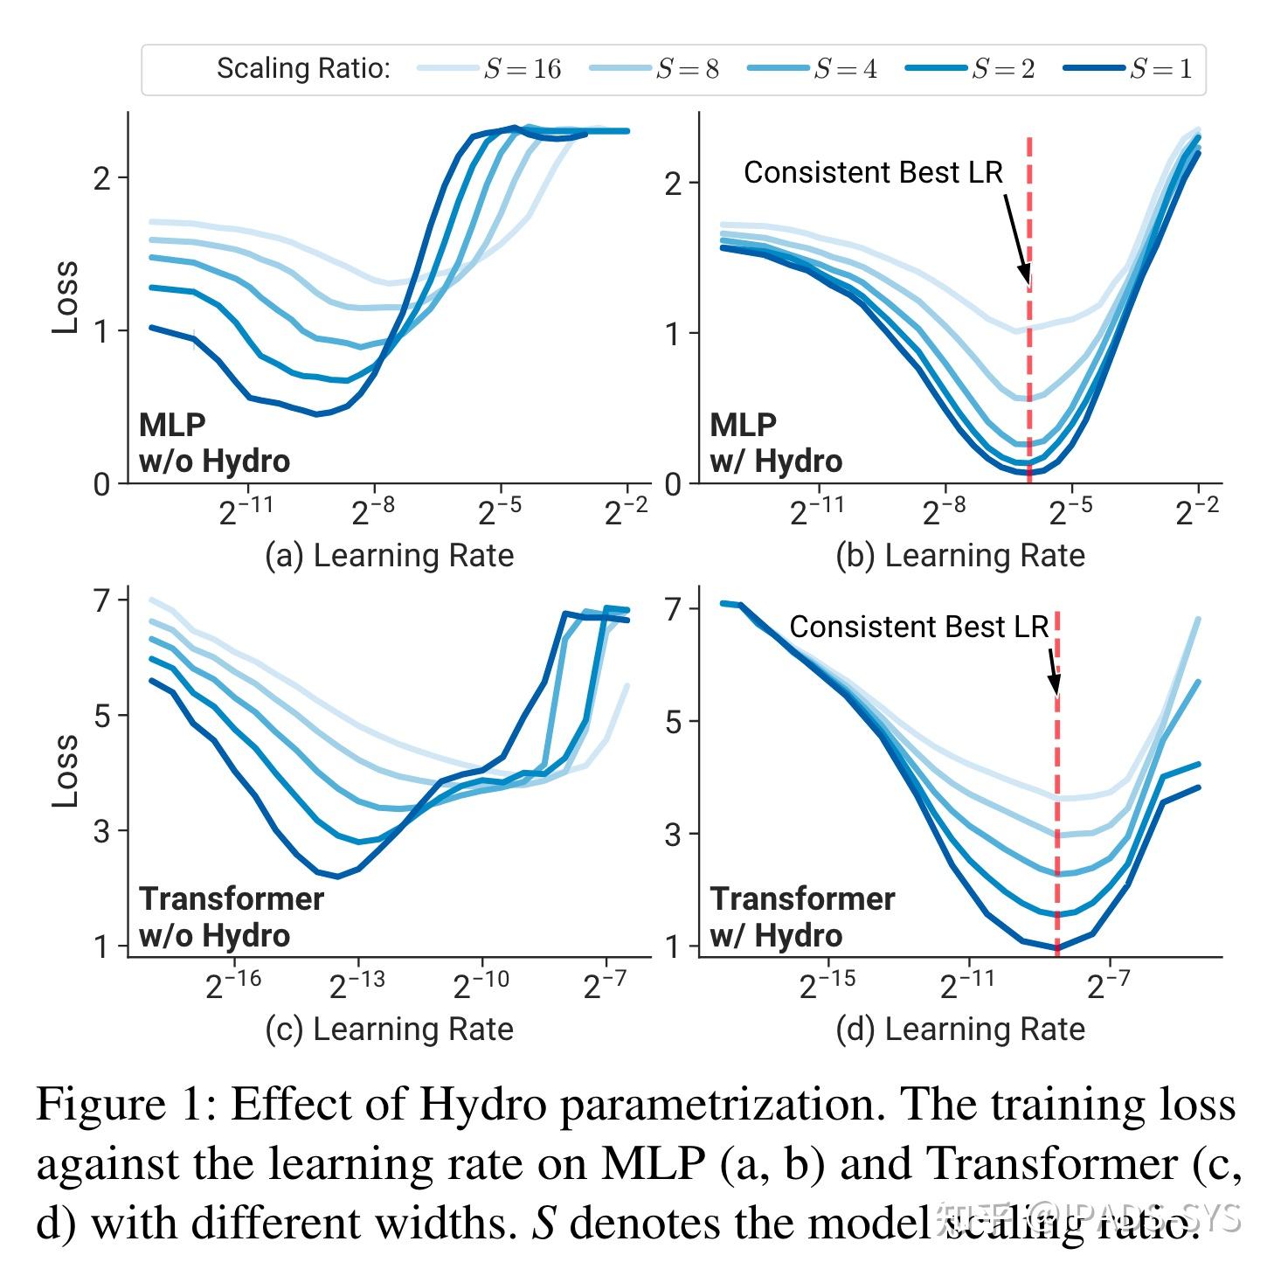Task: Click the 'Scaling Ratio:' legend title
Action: point(303,69)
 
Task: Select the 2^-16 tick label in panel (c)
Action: point(233,984)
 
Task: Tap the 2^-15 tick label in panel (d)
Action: point(827,984)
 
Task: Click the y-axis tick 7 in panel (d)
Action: point(673,609)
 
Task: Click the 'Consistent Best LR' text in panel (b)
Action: point(873,173)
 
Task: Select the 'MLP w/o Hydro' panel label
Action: point(214,443)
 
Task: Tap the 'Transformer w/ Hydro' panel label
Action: point(801,917)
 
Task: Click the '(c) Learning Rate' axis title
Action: point(389,1030)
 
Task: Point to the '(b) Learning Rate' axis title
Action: point(959,556)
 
